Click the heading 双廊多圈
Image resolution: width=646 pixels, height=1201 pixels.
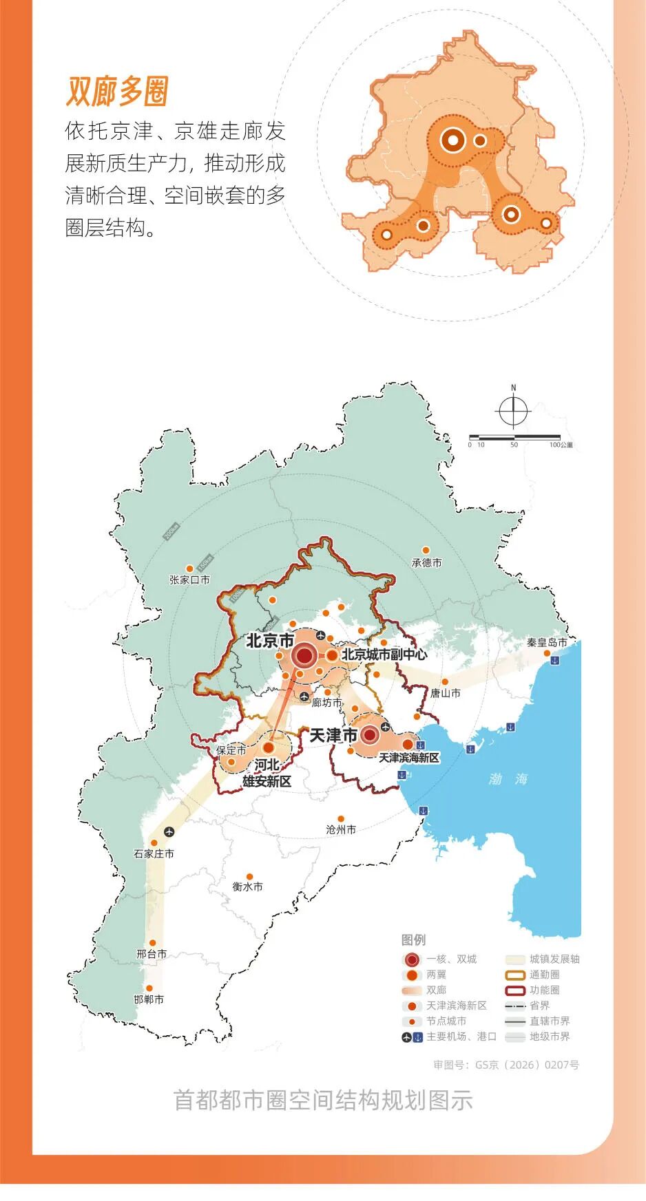[x=117, y=92]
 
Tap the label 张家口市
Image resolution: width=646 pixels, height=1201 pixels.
[x=189, y=580]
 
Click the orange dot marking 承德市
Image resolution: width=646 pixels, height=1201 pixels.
[x=426, y=551]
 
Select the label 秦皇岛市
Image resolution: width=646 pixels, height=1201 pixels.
[x=547, y=643]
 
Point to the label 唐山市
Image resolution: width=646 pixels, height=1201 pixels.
[x=446, y=693]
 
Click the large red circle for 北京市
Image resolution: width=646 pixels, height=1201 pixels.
[x=304, y=656]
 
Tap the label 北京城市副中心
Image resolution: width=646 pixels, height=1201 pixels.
[x=384, y=655]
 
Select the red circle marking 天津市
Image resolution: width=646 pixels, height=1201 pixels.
[x=370, y=736]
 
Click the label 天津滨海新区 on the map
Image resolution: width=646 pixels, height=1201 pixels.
[x=408, y=758]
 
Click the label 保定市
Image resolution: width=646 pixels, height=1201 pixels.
[x=231, y=750]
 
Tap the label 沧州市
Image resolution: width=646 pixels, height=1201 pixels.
[x=341, y=830]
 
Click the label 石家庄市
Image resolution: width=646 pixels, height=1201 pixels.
[x=154, y=854]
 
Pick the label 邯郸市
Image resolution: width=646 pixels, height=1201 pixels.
[x=149, y=999]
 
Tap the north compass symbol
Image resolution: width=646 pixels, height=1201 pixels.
[x=513, y=411]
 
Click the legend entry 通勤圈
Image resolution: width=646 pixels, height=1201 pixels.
[x=544, y=975]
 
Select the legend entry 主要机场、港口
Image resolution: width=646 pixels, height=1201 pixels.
[x=461, y=1037]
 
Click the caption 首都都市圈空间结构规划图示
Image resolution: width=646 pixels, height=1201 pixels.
[x=322, y=1100]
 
